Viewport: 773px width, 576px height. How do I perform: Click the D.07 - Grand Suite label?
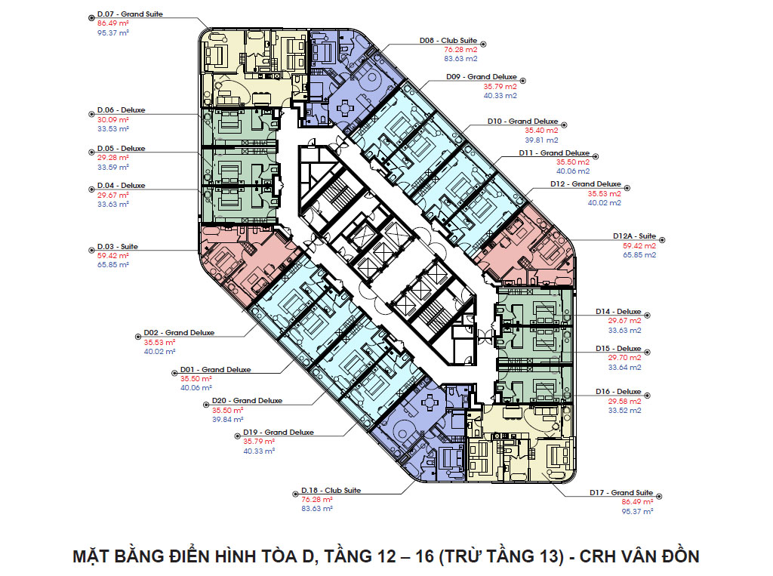click(x=130, y=14)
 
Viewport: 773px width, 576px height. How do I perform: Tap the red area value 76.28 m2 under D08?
click(x=460, y=49)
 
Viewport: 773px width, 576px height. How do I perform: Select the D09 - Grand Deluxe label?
click(x=481, y=77)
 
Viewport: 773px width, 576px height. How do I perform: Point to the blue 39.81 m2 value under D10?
click(x=541, y=140)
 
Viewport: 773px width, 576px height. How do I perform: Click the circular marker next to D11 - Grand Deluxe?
click(x=596, y=157)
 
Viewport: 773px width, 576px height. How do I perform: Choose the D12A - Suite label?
click(x=634, y=236)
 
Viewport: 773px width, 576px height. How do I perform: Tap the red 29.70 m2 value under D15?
click(x=624, y=358)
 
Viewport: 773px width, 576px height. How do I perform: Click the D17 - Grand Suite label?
click(x=621, y=493)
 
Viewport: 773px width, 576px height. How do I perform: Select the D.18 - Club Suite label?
click(x=331, y=490)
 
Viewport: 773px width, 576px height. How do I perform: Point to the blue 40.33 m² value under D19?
click(x=259, y=451)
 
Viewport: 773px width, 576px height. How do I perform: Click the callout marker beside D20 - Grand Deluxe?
click(x=206, y=405)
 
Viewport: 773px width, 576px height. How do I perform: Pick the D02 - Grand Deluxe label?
click(x=179, y=333)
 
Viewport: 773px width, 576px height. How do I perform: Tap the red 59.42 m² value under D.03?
click(x=113, y=255)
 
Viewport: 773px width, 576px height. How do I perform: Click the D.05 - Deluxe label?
click(x=122, y=149)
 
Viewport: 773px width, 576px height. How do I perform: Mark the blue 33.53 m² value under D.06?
click(x=113, y=128)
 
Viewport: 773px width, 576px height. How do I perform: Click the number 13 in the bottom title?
click(x=547, y=556)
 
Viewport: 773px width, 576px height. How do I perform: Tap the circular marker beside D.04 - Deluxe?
click(x=91, y=189)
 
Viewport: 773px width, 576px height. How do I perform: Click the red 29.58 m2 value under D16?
click(x=624, y=401)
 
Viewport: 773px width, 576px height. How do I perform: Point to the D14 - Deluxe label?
click(x=618, y=312)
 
